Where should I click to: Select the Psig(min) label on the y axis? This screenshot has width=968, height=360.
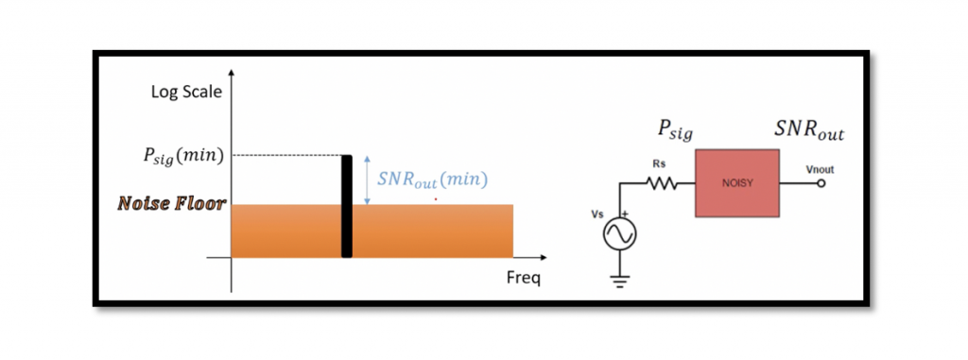pos(183,155)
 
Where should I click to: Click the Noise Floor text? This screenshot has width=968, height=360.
pos(170,204)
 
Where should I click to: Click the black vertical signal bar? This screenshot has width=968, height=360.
pos(346,206)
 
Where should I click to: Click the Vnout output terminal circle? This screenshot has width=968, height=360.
pos(821,184)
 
